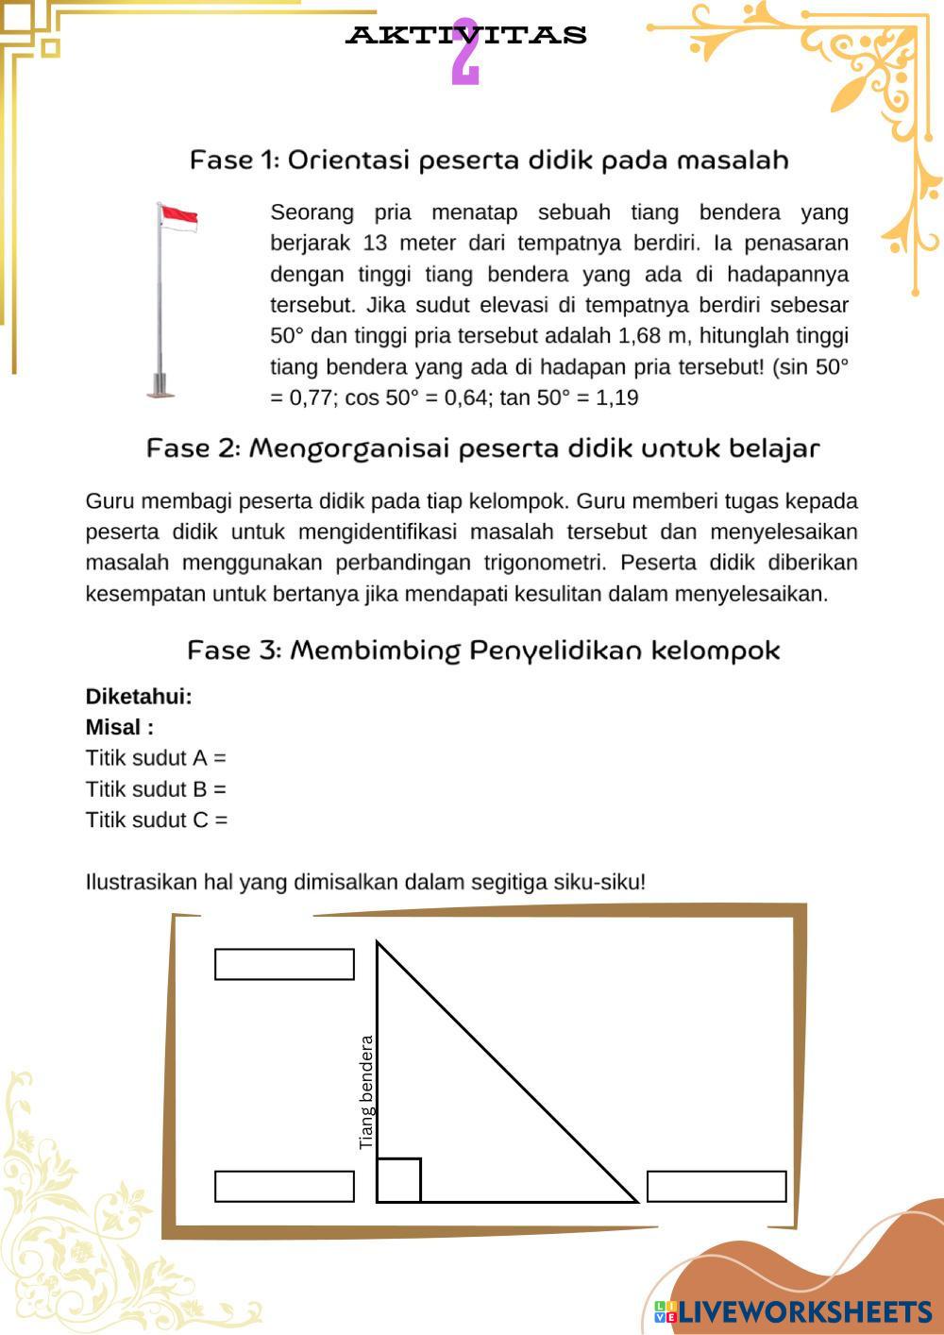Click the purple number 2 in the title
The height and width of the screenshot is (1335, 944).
[465, 54]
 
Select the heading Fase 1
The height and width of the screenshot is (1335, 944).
[489, 160]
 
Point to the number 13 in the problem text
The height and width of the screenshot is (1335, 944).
[375, 244]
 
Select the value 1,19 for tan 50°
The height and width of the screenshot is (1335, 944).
[616, 398]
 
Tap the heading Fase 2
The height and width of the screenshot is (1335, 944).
[482, 448]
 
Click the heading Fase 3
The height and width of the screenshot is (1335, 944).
[483, 651]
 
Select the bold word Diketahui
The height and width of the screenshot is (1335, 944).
[139, 697]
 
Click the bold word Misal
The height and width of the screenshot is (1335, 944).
[119, 728]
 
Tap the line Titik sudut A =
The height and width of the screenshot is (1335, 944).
[156, 758]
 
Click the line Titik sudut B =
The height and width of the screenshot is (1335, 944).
[156, 789]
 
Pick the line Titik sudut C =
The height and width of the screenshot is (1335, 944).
[156, 820]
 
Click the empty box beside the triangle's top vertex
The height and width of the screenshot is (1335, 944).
[284, 964]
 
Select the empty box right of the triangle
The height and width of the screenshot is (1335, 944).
[716, 1186]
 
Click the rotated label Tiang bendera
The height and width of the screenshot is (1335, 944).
[367, 1092]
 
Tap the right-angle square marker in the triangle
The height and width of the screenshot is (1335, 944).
[398, 1180]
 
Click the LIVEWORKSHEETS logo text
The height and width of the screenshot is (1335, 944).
[804, 1311]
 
